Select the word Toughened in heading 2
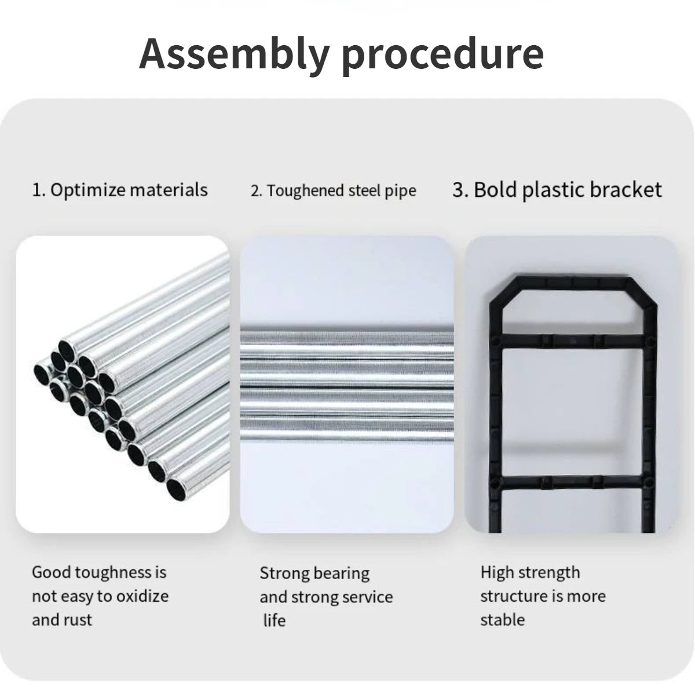pyautogui.click(x=305, y=191)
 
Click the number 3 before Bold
pyautogui.click(x=458, y=190)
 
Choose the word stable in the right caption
pyautogui.click(x=502, y=620)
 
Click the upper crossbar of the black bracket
pyautogui.click(x=573, y=341)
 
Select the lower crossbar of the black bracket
pyautogui.click(x=573, y=482)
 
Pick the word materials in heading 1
pyautogui.click(x=169, y=190)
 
